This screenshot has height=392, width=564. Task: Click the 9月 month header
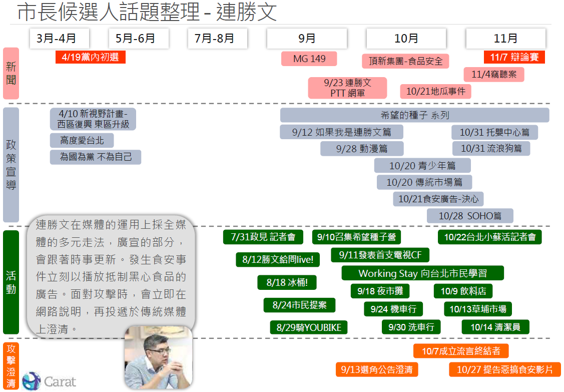(x=307, y=39)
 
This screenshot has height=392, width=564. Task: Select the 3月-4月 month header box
(x=56, y=39)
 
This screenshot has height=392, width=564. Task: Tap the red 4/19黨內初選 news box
(x=91, y=57)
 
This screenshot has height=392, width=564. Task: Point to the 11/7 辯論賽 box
(x=514, y=57)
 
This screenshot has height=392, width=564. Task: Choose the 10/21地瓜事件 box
(x=435, y=91)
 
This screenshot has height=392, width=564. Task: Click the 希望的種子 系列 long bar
(x=414, y=115)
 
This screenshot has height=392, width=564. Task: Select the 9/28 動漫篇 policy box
(x=362, y=149)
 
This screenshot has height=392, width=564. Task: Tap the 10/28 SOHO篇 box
(x=470, y=216)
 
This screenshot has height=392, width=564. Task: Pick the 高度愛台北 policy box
(x=82, y=141)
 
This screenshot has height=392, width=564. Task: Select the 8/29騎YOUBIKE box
(x=309, y=327)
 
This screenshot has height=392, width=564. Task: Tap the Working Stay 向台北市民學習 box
(x=422, y=273)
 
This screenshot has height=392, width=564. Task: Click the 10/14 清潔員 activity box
(x=495, y=327)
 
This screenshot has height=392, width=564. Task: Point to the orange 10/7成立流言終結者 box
(x=460, y=351)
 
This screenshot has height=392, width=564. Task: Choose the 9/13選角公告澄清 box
(x=377, y=369)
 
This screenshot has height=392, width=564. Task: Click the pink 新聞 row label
(x=11, y=73)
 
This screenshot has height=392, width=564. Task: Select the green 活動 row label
(x=11, y=282)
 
